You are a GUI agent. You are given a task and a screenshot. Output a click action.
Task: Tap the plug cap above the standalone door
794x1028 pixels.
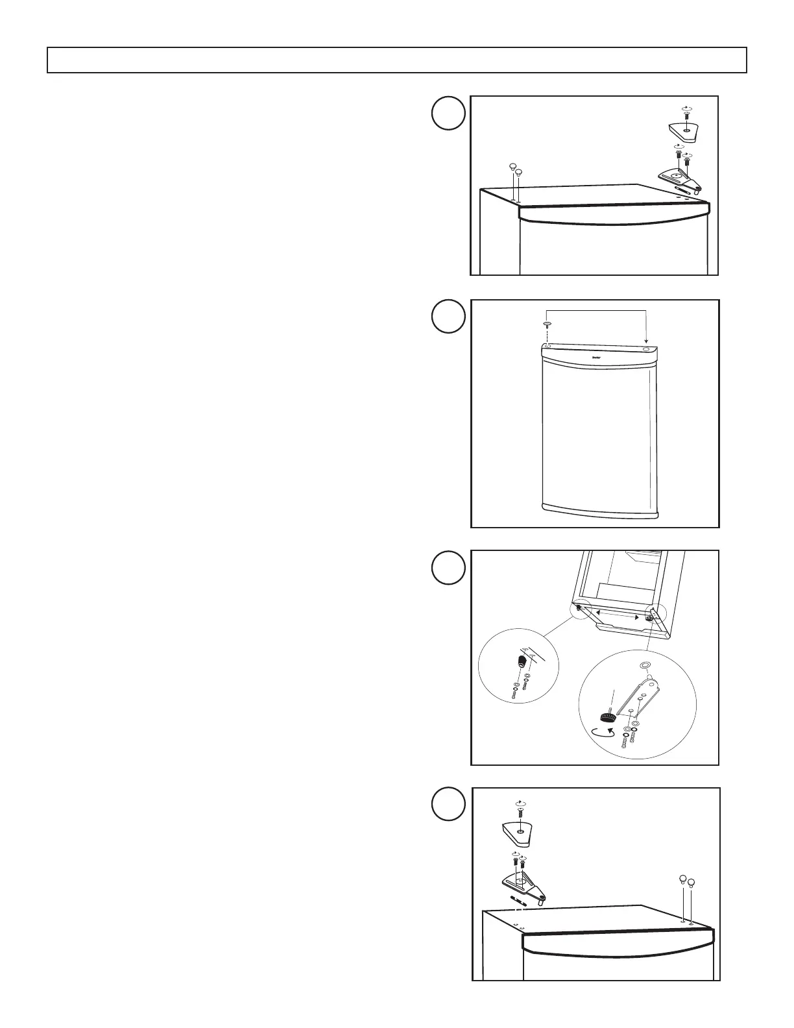point(547,324)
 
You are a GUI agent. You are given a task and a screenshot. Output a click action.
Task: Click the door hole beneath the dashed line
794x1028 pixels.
point(547,347)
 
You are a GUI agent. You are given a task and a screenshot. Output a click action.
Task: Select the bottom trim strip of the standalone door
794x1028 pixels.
point(599,511)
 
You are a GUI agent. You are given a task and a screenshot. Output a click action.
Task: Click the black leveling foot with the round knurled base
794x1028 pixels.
point(608,717)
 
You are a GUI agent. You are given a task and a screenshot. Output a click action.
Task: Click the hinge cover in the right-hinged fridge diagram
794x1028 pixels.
point(686,127)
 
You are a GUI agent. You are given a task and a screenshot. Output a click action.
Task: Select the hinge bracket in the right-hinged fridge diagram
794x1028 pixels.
point(679,177)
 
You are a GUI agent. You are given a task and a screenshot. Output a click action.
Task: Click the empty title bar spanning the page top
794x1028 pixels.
point(396,60)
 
